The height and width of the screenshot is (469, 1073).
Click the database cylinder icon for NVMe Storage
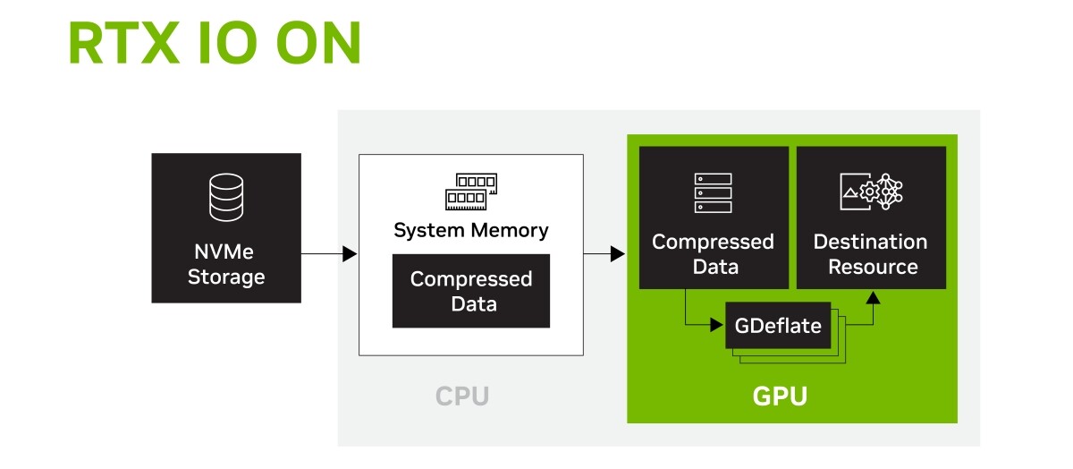226,197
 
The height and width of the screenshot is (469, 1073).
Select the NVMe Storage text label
226,265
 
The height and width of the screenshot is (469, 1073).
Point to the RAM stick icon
471,189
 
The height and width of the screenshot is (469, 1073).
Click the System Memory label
471,230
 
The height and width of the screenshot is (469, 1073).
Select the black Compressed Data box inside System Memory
471,291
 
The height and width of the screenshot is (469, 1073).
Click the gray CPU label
462,396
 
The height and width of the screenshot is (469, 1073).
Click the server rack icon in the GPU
713,193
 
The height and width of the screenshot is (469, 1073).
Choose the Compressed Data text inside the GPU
713,254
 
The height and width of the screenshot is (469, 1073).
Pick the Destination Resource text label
871,254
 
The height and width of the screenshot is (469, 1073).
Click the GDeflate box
778,325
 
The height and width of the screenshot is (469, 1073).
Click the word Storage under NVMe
226,277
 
